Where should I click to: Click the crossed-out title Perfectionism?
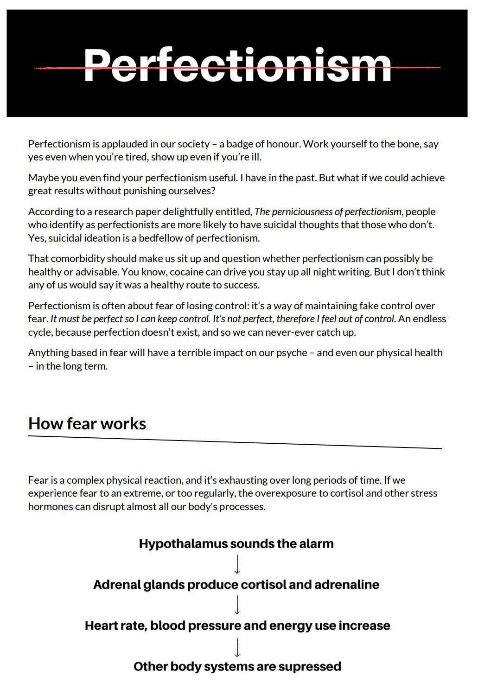point(237,66)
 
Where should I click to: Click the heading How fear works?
point(87,424)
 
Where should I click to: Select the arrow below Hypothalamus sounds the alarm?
point(237,564)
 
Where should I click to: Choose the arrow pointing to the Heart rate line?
point(237,605)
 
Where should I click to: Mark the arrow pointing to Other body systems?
point(237,647)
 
